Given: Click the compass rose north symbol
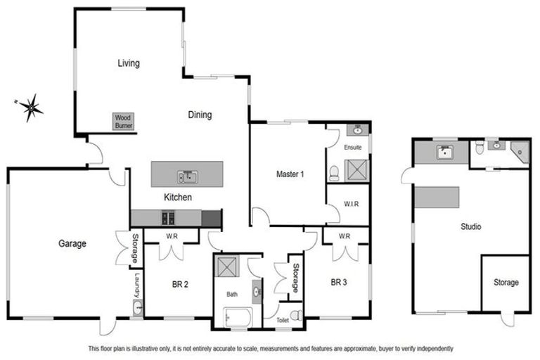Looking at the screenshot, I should click(x=31, y=108).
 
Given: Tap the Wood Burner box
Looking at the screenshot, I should click(x=123, y=121).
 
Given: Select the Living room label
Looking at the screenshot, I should click(x=128, y=63).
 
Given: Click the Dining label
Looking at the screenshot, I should click(x=200, y=115).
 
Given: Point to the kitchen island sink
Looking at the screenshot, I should click(x=187, y=175).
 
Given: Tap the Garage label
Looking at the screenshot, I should click(x=72, y=244).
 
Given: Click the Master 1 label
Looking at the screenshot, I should click(x=290, y=174).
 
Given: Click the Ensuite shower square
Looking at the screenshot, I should click(x=358, y=169).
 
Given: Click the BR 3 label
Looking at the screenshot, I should click(x=339, y=283).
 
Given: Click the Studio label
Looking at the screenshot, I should click(x=471, y=227).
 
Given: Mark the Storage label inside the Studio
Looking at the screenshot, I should click(x=505, y=283).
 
